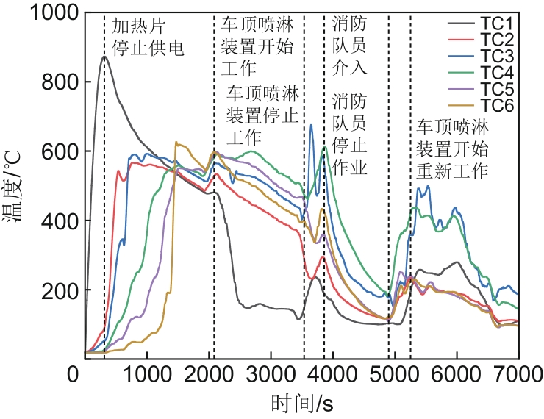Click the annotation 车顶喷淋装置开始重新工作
453,149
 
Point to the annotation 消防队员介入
349,46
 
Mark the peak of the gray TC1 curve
104,57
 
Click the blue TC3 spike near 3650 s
311,126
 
